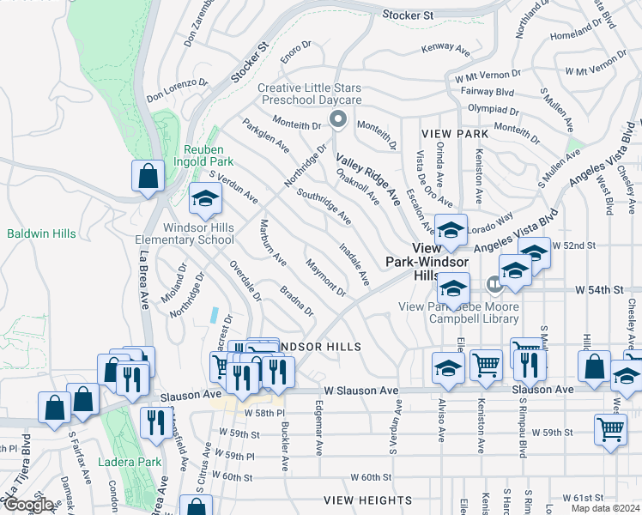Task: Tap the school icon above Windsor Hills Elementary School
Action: coord(206,199)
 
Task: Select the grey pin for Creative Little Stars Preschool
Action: coord(337,121)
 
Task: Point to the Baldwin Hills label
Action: coord(41,233)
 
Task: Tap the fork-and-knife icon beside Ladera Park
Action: coord(156,423)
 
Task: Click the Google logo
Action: coord(27,506)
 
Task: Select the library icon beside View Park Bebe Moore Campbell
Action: coord(494,283)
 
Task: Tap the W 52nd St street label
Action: coord(573,245)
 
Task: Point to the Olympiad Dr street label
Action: coord(493,111)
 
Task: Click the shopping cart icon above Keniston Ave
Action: coord(487,366)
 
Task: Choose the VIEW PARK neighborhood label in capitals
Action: coord(455,134)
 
